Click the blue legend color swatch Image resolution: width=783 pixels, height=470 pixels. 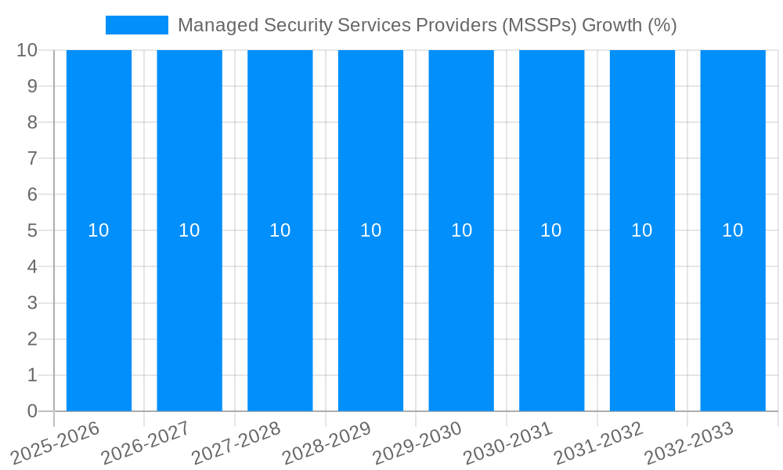[137, 25]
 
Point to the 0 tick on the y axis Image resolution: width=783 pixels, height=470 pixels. [32, 411]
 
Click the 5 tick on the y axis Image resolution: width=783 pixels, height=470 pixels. [32, 230]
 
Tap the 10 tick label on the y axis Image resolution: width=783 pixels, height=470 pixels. [27, 50]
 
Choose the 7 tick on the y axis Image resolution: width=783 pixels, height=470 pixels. [32, 158]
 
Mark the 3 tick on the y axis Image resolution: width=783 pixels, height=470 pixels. [32, 303]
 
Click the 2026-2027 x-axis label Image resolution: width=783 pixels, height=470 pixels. [146, 443]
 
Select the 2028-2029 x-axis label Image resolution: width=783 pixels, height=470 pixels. [327, 443]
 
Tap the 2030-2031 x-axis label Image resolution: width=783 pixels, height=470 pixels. [508, 443]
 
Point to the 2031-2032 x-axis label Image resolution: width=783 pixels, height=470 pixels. [599, 443]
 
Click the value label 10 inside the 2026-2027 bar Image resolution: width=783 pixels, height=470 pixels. [189, 230]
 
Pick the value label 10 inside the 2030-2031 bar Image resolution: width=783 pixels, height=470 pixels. [551, 230]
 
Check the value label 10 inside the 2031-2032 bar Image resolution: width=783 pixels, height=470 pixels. [642, 230]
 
